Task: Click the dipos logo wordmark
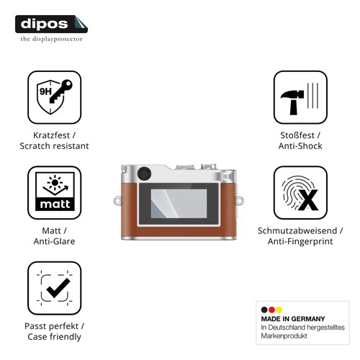45,24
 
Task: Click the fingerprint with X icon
300,193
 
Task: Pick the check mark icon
58,288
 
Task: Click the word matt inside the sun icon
55,204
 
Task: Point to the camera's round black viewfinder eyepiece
144,174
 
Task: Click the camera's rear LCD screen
179,204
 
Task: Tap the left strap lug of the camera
117,200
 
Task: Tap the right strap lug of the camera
240,200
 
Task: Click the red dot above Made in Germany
271,310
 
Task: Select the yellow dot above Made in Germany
279,310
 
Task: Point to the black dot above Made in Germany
264,310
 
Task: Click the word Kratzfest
51,135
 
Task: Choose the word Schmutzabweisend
297,231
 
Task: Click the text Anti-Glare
54,241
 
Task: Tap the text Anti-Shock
300,146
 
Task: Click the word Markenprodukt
284,336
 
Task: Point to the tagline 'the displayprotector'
51,39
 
